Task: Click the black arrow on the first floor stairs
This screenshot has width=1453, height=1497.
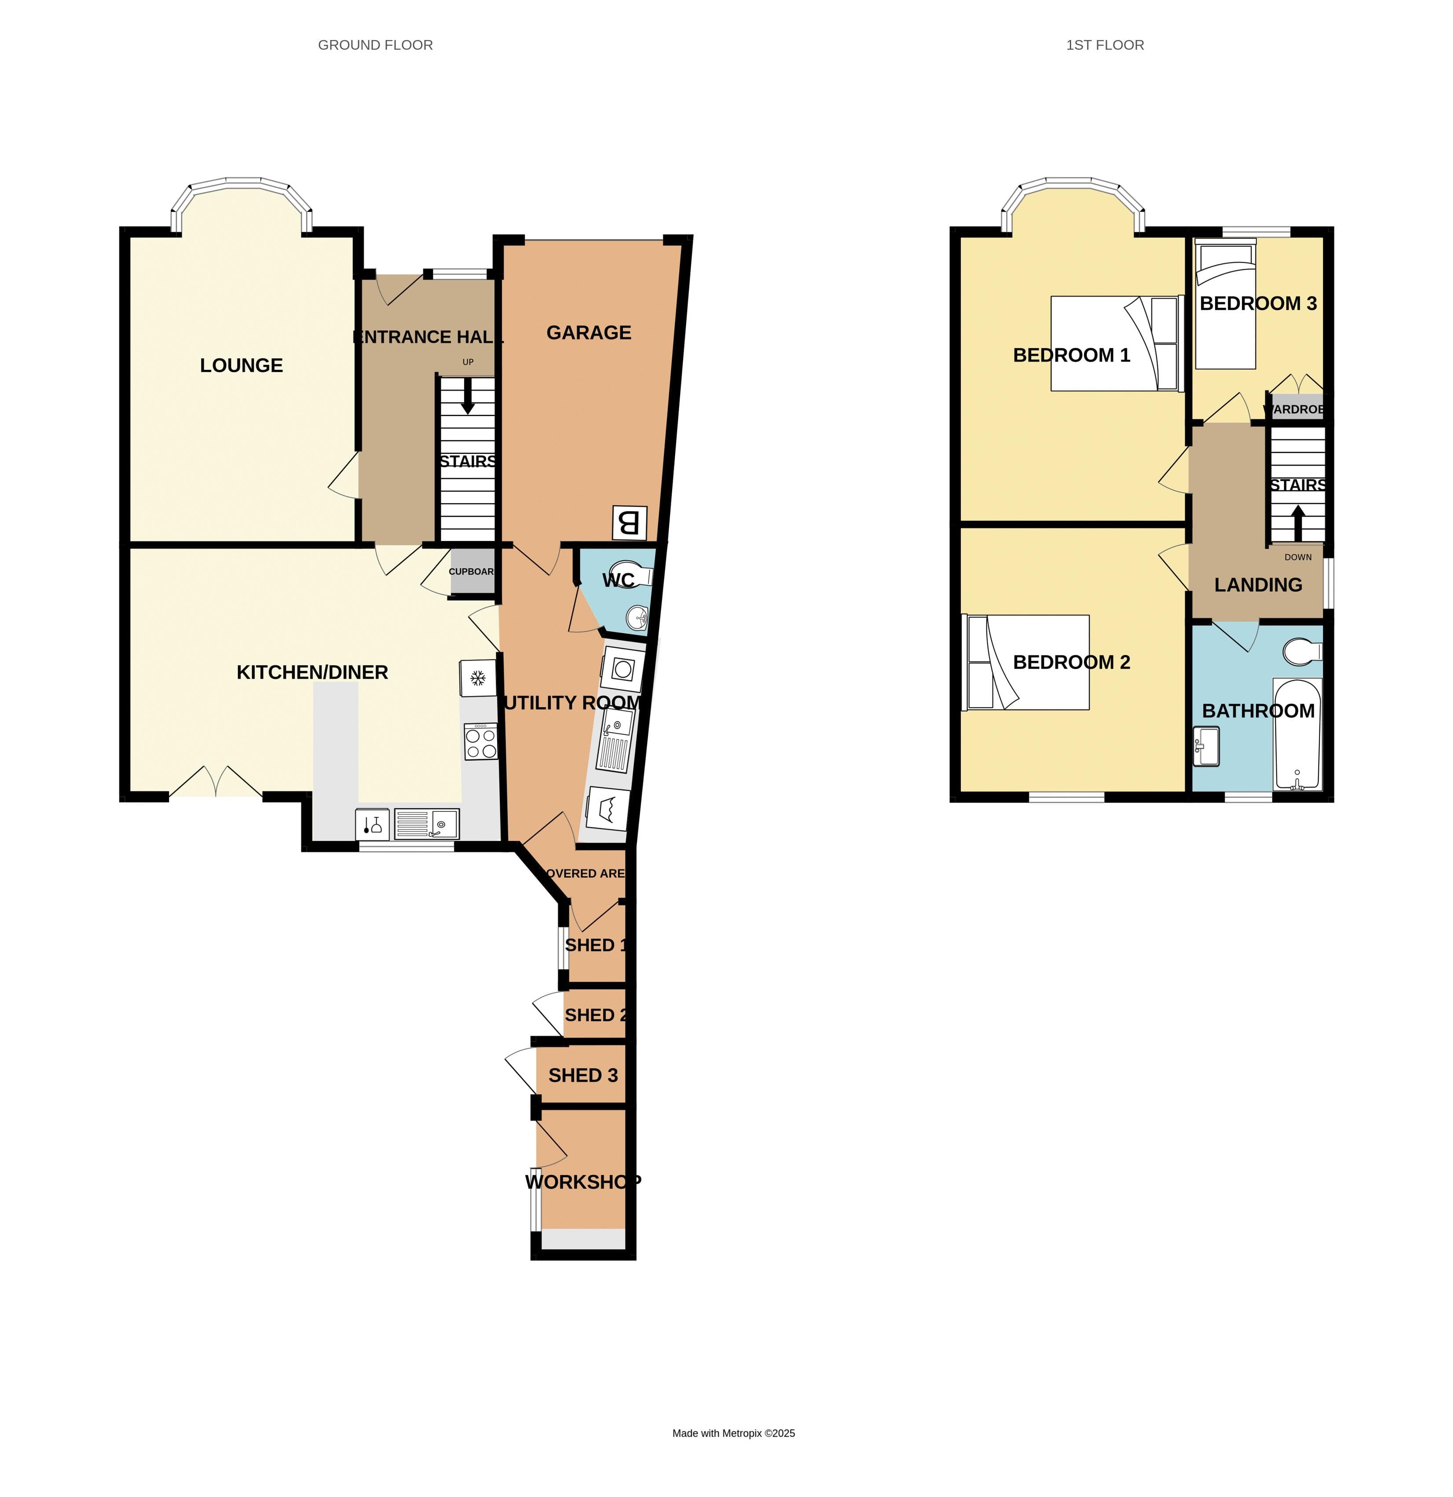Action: (1297, 523)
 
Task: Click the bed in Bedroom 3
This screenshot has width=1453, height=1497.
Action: (1225, 306)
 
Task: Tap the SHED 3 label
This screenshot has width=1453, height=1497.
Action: (583, 1075)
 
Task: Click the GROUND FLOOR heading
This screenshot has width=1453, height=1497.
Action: (375, 45)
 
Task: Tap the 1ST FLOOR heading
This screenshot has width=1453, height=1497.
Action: (1105, 45)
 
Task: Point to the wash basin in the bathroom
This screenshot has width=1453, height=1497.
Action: (1207, 746)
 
